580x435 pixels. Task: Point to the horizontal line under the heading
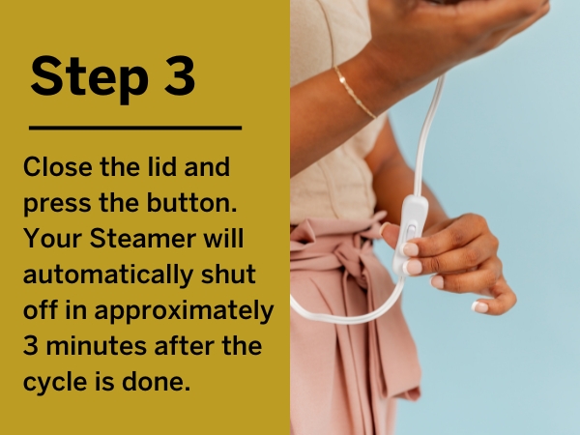tap(134, 127)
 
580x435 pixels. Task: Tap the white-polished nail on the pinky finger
tap(480, 306)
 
